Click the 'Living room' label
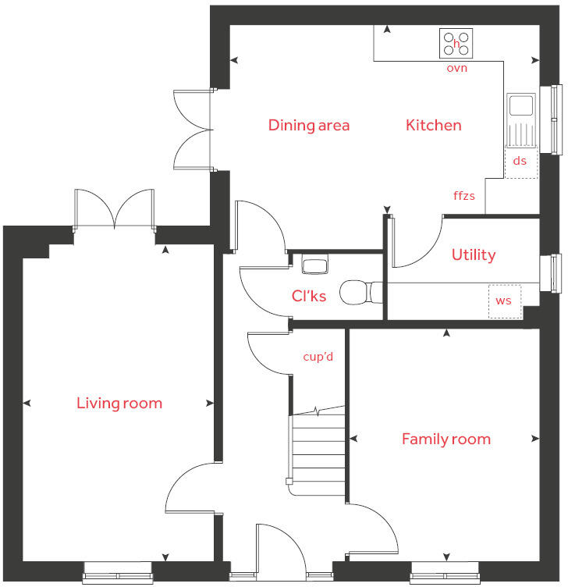click(x=119, y=404)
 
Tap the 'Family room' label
click(x=446, y=439)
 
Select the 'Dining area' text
click(x=309, y=125)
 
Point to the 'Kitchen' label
click(x=433, y=125)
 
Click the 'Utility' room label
click(x=474, y=255)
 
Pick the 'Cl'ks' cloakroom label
click(x=309, y=296)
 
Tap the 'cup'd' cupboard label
click(x=318, y=357)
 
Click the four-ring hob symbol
click(x=456, y=43)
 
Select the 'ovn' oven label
click(x=456, y=69)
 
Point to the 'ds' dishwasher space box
click(x=520, y=162)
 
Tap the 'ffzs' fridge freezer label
click(x=464, y=196)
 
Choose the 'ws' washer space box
click(x=505, y=301)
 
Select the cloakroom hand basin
click(x=316, y=265)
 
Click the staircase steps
click(x=318, y=453)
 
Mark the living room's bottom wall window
click(x=118, y=574)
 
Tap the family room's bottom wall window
click(x=445, y=574)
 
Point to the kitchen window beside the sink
click(x=556, y=119)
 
